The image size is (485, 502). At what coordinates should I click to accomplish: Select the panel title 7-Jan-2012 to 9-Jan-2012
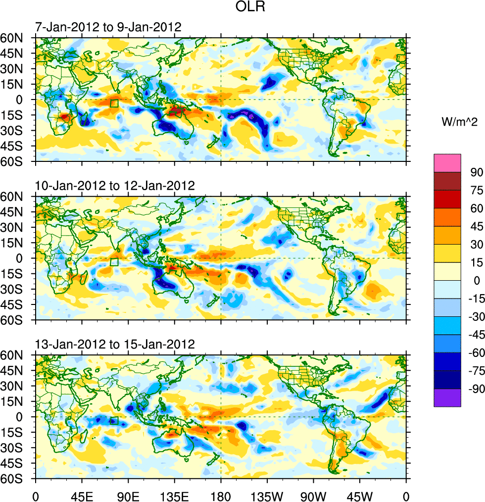(x=108, y=27)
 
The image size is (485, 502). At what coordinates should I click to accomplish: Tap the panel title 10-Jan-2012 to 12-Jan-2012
(x=115, y=186)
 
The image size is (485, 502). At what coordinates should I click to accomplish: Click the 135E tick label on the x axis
(x=174, y=495)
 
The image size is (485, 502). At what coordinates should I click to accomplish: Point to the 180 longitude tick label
(x=221, y=495)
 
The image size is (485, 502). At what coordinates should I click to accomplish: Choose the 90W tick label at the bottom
(x=313, y=495)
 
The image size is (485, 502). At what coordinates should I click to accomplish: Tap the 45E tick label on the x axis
(x=82, y=495)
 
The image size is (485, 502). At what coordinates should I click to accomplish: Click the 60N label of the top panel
(x=18, y=38)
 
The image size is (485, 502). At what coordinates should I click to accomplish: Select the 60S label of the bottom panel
(x=18, y=479)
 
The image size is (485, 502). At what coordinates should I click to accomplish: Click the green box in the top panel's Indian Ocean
(x=114, y=103)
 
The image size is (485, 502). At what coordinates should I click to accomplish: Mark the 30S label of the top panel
(x=18, y=131)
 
